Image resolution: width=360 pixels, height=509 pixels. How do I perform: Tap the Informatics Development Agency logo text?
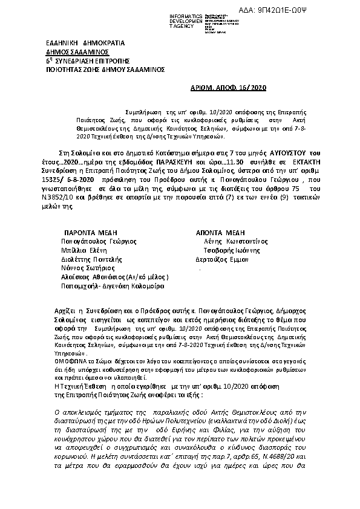(x=189, y=19)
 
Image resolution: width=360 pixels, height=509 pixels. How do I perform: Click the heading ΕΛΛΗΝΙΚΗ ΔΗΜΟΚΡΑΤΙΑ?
(x=85, y=44)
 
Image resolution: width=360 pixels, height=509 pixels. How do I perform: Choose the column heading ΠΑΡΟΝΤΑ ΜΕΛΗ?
(x=91, y=232)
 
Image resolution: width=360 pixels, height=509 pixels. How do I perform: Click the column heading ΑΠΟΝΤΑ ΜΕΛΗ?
(x=218, y=232)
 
